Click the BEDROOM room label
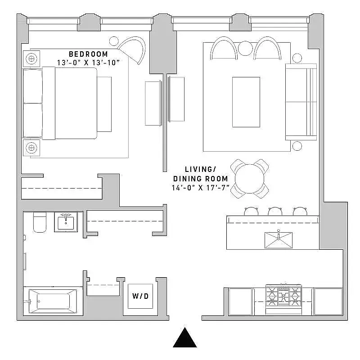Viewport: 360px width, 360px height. [x=88, y=54]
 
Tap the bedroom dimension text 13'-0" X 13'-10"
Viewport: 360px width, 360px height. [x=89, y=63]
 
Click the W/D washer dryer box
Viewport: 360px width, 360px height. [x=140, y=296]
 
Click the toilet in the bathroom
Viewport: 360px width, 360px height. [x=40, y=222]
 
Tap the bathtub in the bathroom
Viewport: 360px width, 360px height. [x=50, y=301]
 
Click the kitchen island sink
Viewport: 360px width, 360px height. [x=279, y=239]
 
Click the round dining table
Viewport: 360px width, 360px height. [x=250, y=178]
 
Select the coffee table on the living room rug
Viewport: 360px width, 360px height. [x=246, y=102]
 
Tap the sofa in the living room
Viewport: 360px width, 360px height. [x=301, y=102]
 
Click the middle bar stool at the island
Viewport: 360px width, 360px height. [x=274, y=211]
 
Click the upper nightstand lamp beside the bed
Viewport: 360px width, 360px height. [x=32, y=58]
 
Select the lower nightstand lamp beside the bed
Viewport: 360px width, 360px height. [x=32, y=147]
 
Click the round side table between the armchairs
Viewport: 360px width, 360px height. [x=246, y=48]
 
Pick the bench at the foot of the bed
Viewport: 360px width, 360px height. [x=104, y=104]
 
